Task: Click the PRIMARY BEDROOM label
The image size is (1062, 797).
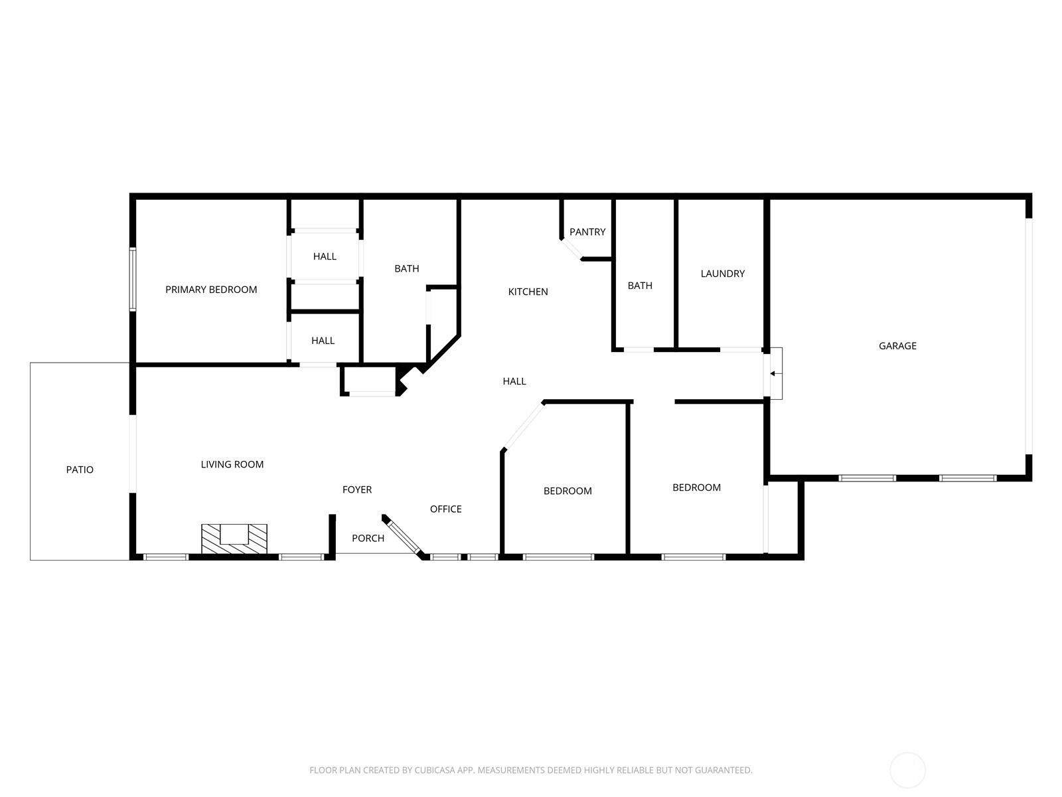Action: point(211,290)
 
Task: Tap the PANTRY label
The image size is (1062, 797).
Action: point(587,232)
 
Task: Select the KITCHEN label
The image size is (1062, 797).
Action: point(528,292)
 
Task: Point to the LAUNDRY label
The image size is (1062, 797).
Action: point(722,274)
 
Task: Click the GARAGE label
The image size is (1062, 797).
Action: point(897,345)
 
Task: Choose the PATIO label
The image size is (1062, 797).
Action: point(80,470)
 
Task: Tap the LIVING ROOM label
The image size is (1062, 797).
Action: point(232,464)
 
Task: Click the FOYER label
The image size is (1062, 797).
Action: point(357,489)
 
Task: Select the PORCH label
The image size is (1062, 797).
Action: point(368,538)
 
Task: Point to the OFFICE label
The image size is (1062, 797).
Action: point(445,509)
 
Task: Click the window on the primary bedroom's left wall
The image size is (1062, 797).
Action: point(132,279)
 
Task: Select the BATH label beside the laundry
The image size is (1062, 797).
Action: point(640,286)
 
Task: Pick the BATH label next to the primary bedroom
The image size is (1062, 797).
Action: point(406,268)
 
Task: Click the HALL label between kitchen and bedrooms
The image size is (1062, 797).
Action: point(514,381)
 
